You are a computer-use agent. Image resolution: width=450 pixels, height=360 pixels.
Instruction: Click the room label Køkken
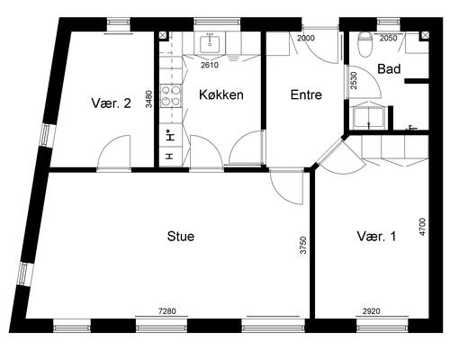[x=221, y=94]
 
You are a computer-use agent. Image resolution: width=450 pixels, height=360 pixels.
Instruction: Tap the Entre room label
[x=306, y=94]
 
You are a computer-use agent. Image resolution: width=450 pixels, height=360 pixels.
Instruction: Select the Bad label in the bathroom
[x=389, y=69]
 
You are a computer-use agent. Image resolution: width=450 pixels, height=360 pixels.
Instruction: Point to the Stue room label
[x=181, y=237]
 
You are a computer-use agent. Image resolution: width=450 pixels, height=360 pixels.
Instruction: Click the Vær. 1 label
[x=376, y=237]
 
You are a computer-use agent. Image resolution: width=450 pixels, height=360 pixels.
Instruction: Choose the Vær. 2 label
[x=112, y=103]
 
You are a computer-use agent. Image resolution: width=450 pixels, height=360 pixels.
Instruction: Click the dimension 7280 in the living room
[x=167, y=311]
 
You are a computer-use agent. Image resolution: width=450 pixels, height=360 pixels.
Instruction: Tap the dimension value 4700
[x=422, y=227]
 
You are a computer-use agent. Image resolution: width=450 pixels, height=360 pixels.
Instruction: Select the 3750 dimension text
[x=303, y=246]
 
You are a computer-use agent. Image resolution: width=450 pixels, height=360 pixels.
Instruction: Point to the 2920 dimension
[x=372, y=311]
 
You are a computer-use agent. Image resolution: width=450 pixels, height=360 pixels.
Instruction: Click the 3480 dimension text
[x=148, y=99]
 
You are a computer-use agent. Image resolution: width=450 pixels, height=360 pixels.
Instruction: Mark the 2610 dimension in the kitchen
[x=210, y=65]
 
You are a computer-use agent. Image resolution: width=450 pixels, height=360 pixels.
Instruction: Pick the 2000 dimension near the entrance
[x=306, y=38]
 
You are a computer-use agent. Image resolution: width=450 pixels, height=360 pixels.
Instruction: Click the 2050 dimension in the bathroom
[x=389, y=38]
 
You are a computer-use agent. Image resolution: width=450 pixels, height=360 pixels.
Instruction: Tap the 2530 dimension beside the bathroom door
[x=354, y=80]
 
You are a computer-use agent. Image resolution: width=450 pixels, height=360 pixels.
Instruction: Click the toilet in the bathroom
[x=365, y=44]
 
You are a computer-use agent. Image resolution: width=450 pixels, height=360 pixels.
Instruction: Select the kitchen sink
[x=210, y=43]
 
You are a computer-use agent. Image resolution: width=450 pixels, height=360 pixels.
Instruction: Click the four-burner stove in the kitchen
[x=171, y=95]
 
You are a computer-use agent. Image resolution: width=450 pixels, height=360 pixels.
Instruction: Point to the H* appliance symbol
[x=170, y=135]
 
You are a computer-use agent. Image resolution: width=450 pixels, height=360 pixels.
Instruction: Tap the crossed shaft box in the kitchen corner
[x=163, y=35]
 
